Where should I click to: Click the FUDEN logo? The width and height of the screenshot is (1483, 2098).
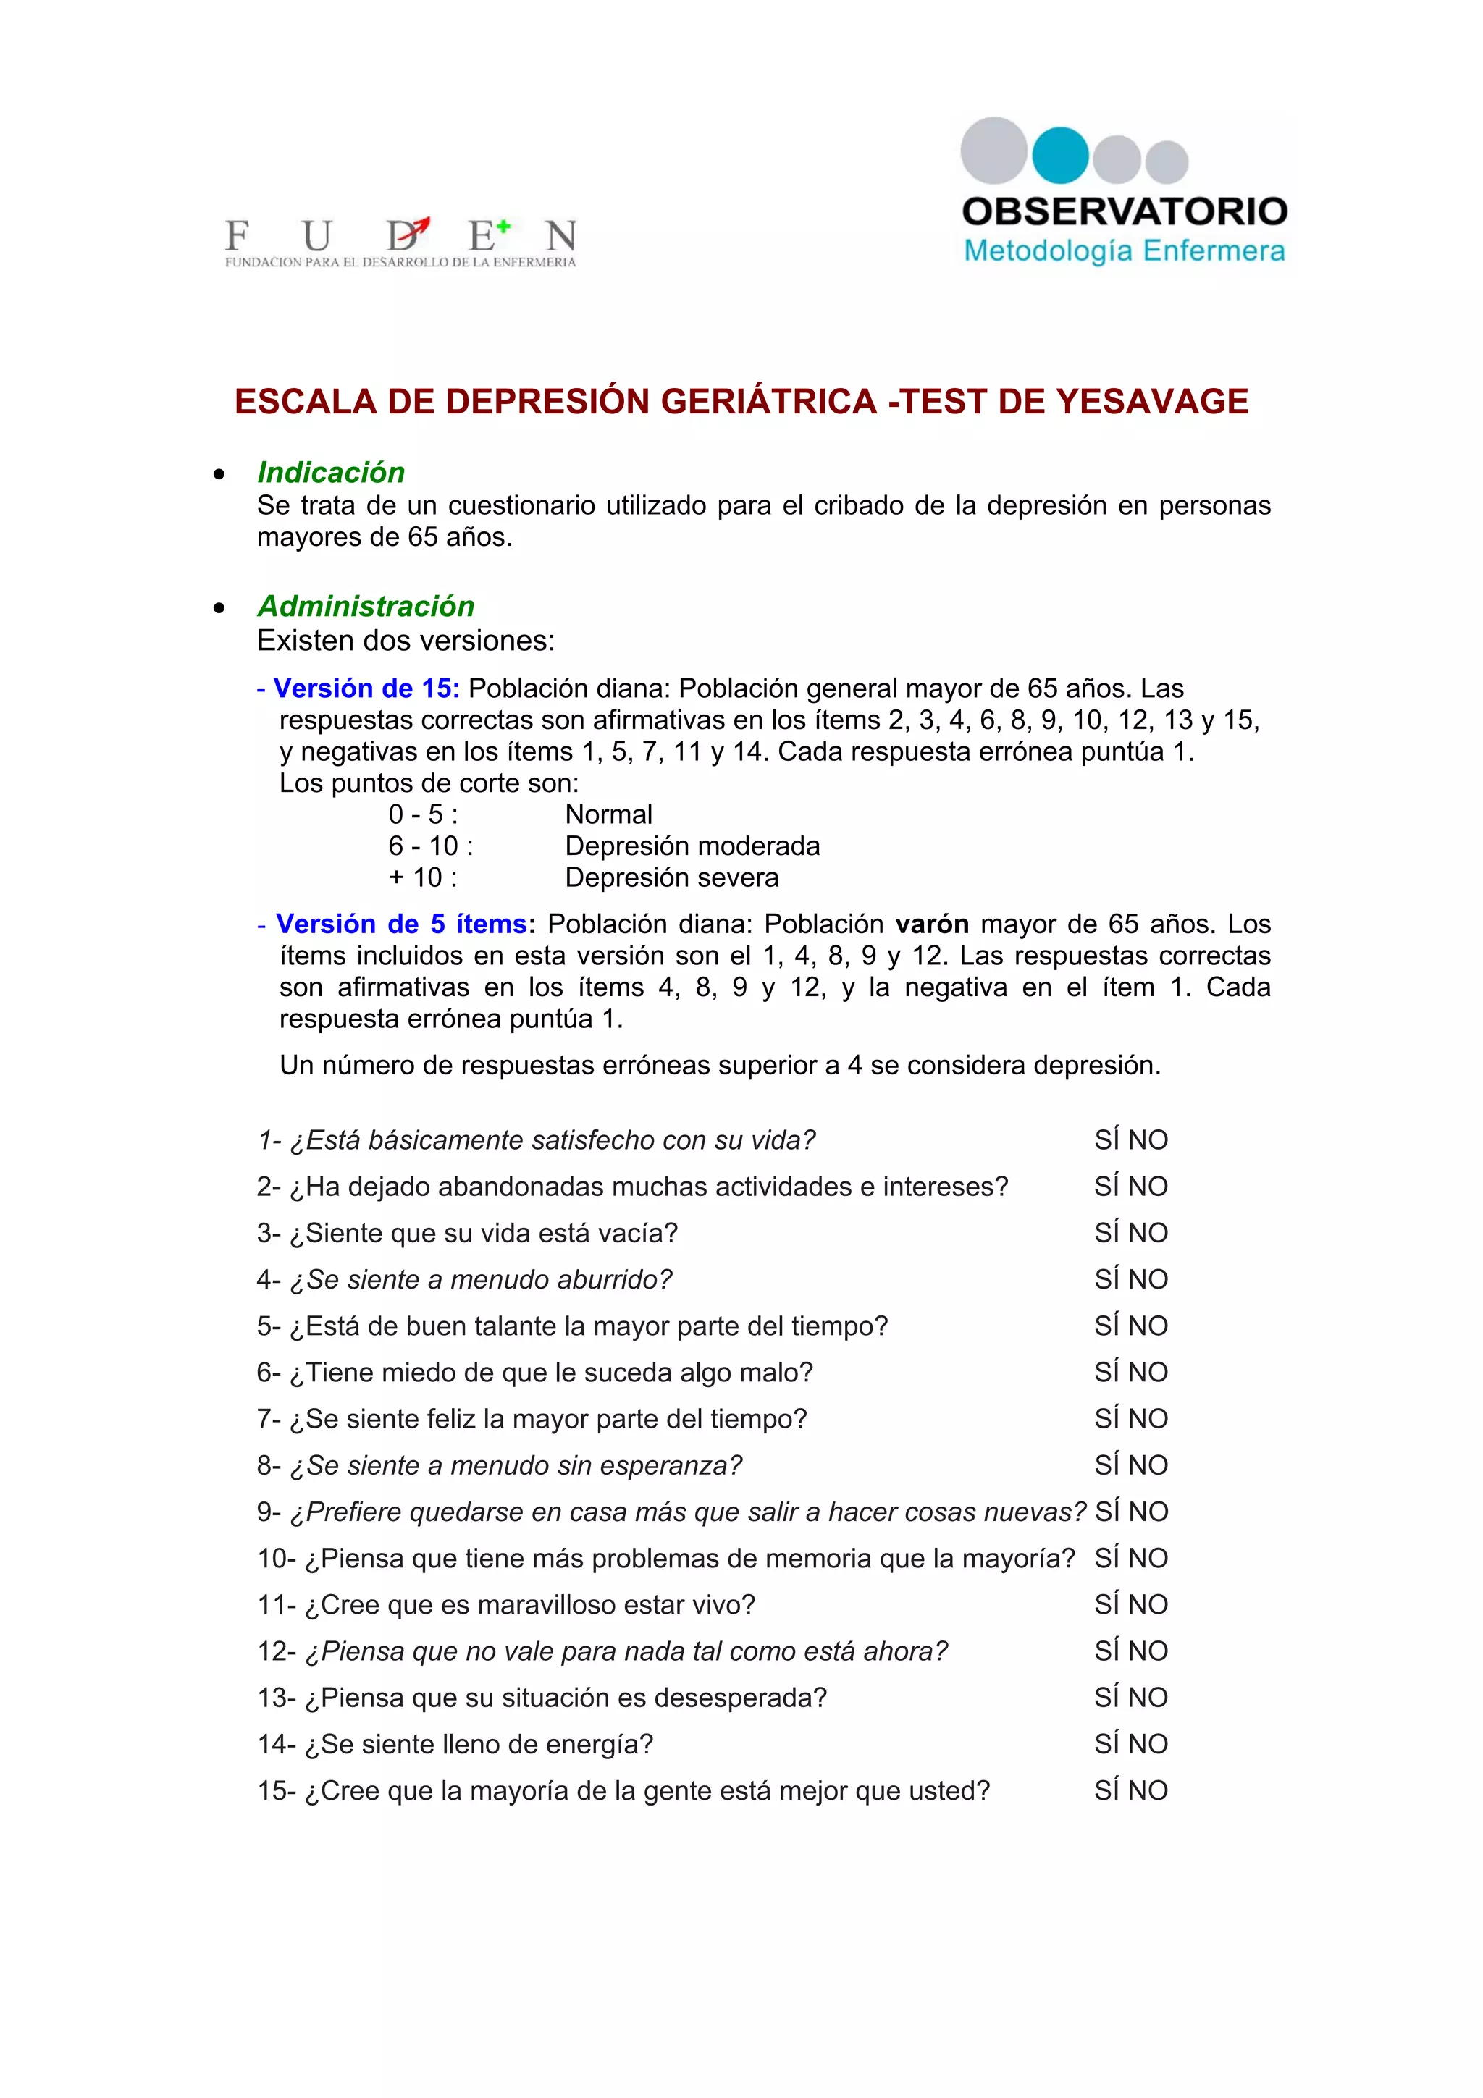[400, 242]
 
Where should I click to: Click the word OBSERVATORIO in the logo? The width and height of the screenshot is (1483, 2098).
[1125, 212]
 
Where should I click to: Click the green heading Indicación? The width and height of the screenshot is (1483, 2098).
[331, 473]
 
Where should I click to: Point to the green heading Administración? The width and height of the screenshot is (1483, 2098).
[366, 606]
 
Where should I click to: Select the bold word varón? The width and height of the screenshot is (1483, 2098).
[931, 924]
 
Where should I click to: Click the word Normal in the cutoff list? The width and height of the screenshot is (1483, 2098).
[608, 814]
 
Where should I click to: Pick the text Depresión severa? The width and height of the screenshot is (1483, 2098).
[671, 877]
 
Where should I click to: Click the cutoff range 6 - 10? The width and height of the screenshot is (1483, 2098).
[430, 846]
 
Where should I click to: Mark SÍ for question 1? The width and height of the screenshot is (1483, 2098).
[1106, 1140]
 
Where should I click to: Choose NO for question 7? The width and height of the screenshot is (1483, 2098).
[1148, 1419]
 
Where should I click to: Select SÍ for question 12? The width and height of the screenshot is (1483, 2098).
[1106, 1651]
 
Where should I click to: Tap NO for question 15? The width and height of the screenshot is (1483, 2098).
[1148, 1791]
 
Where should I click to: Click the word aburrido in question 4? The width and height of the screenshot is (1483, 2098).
[617, 1280]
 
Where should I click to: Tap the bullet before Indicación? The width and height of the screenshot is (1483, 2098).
[219, 474]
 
